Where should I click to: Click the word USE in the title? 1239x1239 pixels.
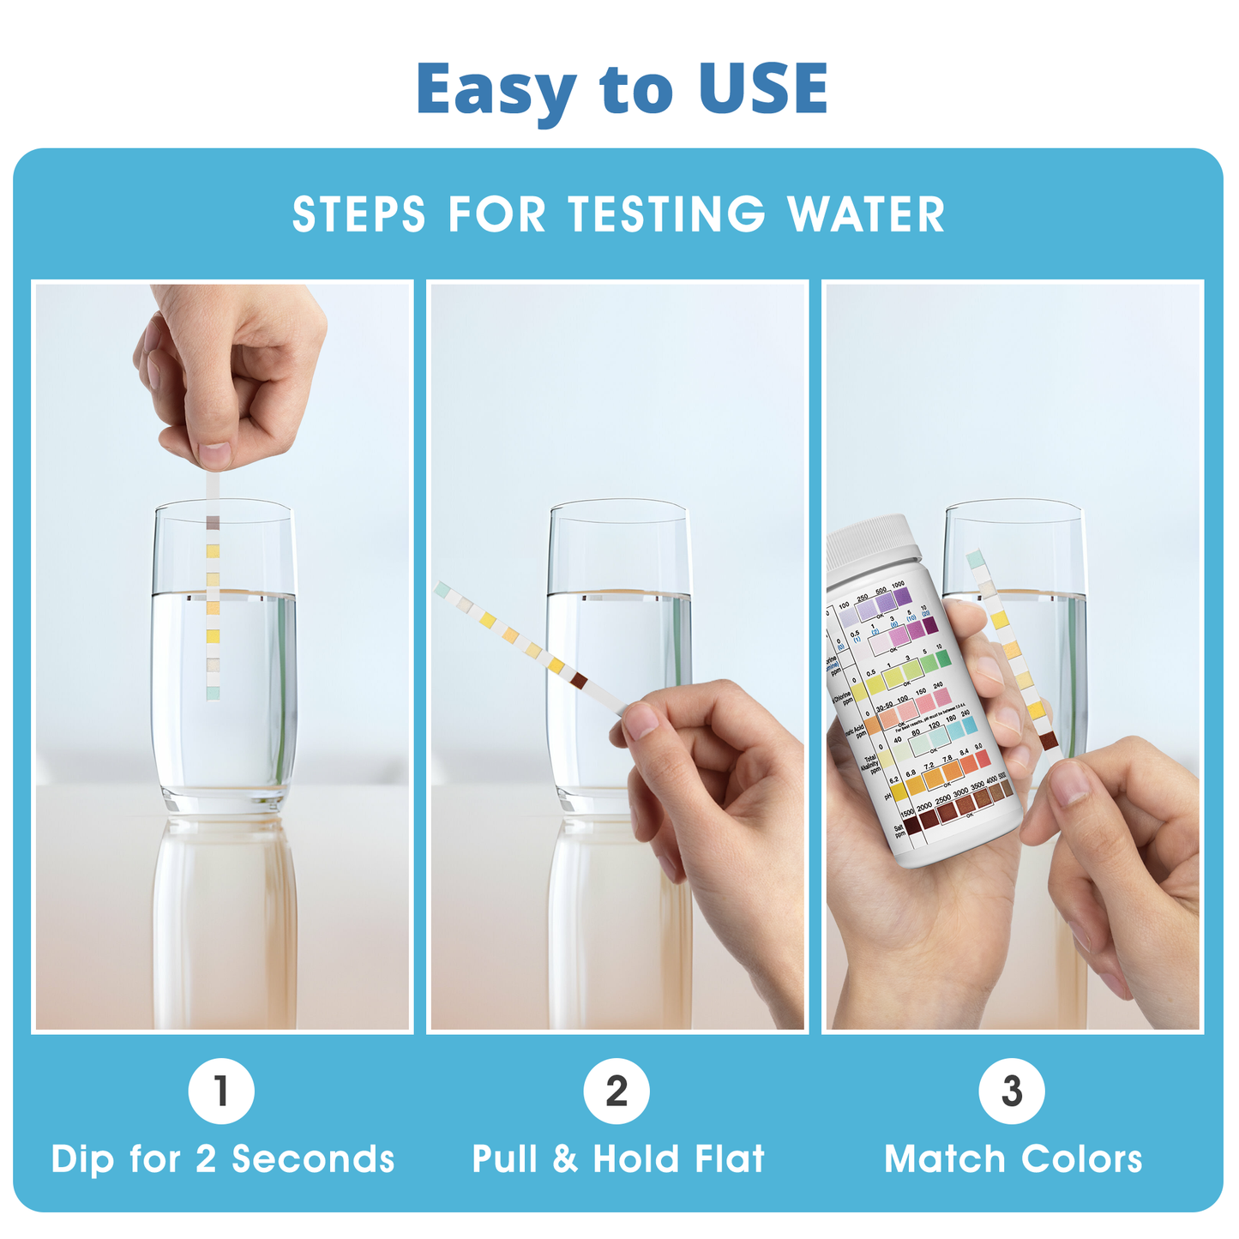[762, 89]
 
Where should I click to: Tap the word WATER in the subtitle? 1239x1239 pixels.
[866, 214]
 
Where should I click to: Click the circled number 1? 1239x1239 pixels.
[221, 1092]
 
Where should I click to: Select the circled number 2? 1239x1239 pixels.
[616, 1092]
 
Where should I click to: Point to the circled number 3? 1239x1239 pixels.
[1012, 1092]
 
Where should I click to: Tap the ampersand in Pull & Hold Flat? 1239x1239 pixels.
[565, 1159]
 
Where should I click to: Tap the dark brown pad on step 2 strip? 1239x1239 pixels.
[580, 680]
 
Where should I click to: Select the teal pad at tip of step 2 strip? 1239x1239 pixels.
[442, 589]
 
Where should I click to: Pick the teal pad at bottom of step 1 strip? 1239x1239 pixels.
[213, 692]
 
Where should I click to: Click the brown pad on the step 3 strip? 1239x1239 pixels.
[1049, 741]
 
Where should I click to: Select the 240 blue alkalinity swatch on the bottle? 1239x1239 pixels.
[969, 725]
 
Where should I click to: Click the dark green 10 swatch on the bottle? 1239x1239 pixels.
[943, 659]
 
